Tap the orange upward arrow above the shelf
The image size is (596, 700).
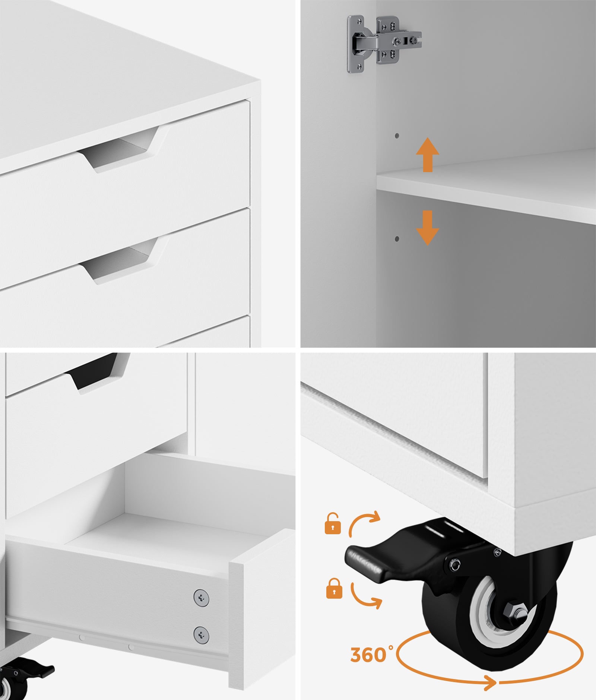428,155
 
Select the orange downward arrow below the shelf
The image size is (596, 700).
428,228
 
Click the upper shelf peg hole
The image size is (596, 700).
397,136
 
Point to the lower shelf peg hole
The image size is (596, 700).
397,238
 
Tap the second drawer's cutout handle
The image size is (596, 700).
119,261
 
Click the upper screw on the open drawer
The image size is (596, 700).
201,598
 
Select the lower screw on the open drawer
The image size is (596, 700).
201,635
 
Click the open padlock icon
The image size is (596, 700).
333,523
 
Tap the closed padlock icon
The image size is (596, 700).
334,589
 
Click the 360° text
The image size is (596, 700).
371,655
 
